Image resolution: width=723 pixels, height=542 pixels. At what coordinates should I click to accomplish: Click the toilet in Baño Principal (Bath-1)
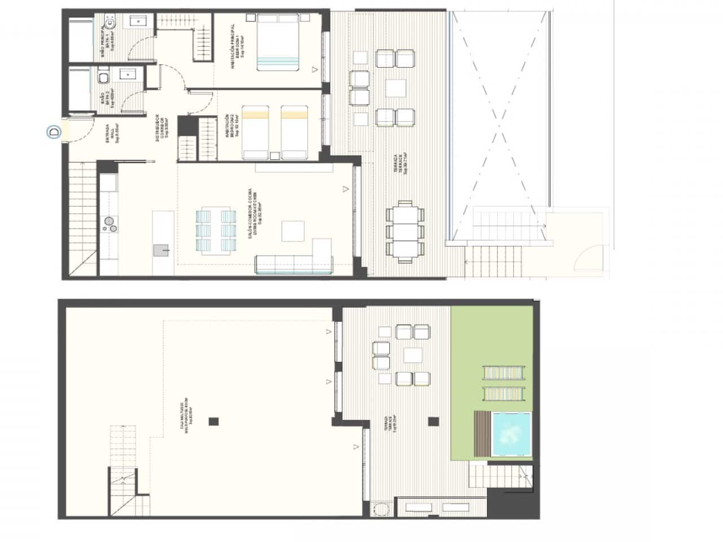tap(110, 24)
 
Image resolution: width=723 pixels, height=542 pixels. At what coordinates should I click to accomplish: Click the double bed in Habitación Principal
tap(278, 43)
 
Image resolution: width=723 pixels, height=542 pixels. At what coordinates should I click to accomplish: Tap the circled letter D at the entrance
tap(54, 133)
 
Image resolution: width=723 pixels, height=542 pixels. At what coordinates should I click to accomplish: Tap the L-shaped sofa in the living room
tap(294, 261)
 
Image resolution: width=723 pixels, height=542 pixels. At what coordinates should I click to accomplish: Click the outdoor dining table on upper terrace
tap(404, 231)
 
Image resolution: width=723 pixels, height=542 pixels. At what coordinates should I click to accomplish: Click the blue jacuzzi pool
tap(511, 432)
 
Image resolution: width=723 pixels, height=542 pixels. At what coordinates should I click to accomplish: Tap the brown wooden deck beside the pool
tap(482, 432)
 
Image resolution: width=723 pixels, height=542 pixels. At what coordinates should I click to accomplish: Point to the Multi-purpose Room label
tap(187, 417)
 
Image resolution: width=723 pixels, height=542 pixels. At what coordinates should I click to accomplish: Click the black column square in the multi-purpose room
tap(212, 421)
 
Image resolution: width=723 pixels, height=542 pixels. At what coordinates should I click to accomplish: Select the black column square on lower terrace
tap(433, 421)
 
